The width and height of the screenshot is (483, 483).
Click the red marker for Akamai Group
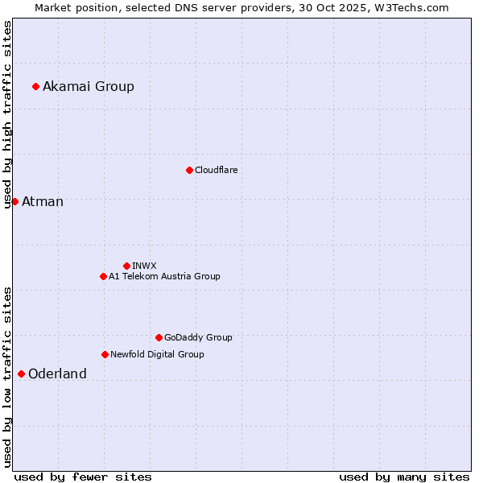pyautogui.click(x=35, y=86)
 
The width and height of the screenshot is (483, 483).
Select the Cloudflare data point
pyautogui.click(x=189, y=170)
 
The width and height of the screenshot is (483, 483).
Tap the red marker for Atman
pyautogui.click(x=14, y=201)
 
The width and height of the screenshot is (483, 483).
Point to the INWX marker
pyautogui.click(x=126, y=266)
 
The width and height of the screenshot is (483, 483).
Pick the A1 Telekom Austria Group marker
pyautogui.click(x=103, y=276)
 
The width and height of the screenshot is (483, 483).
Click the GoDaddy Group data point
pyautogui.click(x=159, y=337)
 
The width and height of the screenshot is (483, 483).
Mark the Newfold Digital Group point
pyautogui.click(x=105, y=354)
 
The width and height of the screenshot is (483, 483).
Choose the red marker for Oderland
pyautogui.click(x=21, y=374)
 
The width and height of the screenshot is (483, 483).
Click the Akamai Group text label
pyautogui.click(x=89, y=86)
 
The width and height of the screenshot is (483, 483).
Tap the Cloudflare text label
pyautogui.click(x=216, y=170)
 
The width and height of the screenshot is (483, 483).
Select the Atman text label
pyautogui.click(x=43, y=201)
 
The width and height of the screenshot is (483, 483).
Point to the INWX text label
pyautogui.click(x=144, y=266)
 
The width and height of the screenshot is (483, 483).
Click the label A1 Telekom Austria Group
pyautogui.click(x=164, y=276)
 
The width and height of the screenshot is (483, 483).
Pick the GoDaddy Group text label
pyautogui.click(x=198, y=337)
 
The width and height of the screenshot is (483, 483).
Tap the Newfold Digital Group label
pyautogui.click(x=157, y=354)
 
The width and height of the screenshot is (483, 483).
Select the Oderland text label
pyautogui.click(x=57, y=374)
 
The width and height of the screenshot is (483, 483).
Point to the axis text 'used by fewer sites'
pyautogui.click(x=83, y=477)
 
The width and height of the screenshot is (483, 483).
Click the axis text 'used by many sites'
pyautogui.click(x=404, y=477)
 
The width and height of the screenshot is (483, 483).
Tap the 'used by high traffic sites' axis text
pyautogui.click(x=7, y=114)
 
